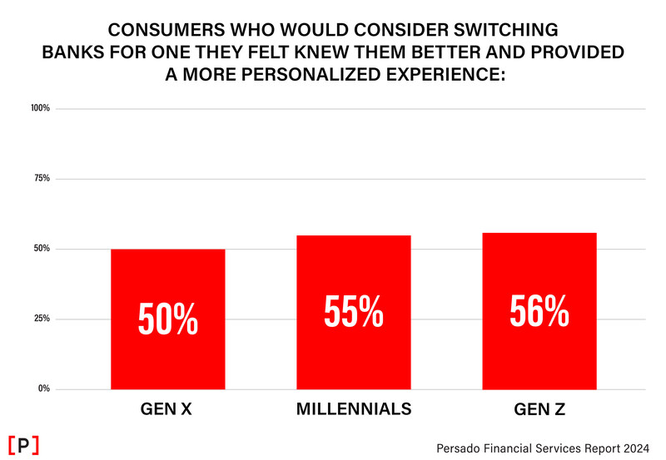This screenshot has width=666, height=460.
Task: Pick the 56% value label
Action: tap(539, 312)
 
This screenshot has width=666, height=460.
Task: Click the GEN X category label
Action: tap(167, 409)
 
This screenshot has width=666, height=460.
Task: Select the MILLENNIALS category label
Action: tap(353, 409)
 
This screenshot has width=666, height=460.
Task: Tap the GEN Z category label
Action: tap(539, 409)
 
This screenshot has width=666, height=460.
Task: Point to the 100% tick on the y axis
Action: tap(42, 108)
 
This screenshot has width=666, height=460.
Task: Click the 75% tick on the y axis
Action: tap(43, 179)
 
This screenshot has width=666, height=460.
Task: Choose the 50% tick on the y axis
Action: tap(43, 249)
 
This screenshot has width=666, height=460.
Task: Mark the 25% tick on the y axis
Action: tap(43, 319)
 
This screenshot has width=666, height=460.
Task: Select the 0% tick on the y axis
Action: tap(45, 388)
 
